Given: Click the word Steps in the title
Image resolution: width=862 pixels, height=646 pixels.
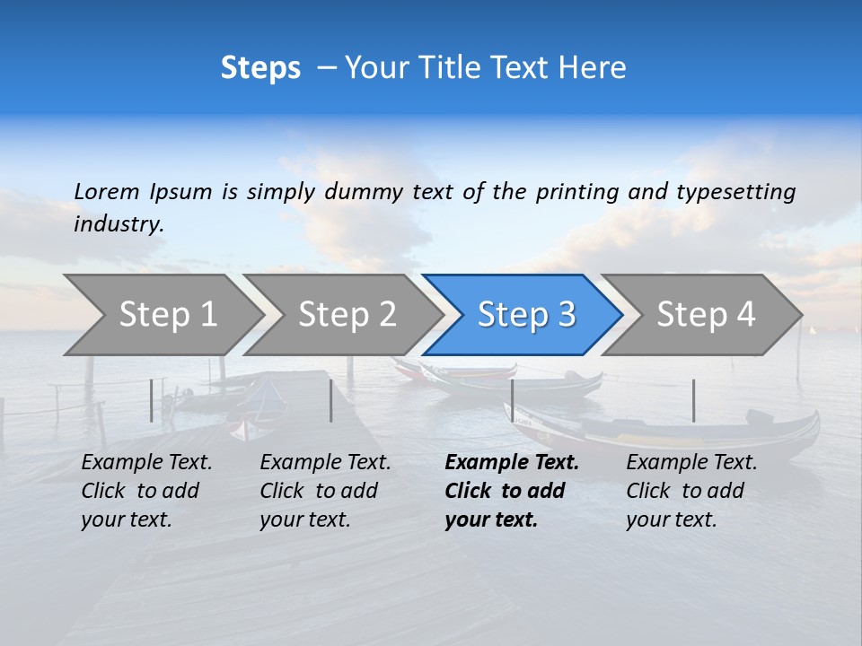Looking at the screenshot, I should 260,68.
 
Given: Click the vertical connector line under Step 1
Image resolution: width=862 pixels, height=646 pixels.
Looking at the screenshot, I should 152,400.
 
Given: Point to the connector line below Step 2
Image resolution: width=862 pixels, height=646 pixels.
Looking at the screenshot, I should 331,400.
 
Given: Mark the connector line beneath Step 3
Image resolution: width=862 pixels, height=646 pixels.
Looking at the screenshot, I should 512,400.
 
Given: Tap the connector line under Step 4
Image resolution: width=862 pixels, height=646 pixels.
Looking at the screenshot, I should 693,400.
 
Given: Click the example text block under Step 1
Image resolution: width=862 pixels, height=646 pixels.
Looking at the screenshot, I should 146,491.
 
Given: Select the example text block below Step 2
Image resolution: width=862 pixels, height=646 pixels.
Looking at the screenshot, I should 325,491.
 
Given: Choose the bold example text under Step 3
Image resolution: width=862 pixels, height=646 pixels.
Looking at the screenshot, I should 512,491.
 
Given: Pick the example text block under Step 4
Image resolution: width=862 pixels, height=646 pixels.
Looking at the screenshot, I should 691,491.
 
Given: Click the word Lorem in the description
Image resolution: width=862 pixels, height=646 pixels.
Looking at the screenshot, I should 107,191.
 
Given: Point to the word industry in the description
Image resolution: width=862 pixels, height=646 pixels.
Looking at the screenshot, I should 119,224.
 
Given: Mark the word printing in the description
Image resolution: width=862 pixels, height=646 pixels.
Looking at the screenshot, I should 574,192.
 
